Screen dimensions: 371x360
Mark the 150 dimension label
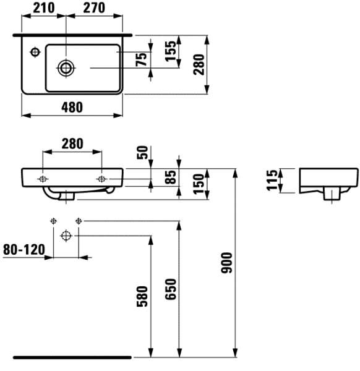click(197, 183)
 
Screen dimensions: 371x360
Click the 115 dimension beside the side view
click(271, 181)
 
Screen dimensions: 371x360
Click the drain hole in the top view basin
click(65, 67)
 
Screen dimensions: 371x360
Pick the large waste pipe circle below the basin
click(66, 235)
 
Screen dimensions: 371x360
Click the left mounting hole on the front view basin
click(42, 179)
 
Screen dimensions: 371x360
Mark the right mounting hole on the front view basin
click(101, 179)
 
